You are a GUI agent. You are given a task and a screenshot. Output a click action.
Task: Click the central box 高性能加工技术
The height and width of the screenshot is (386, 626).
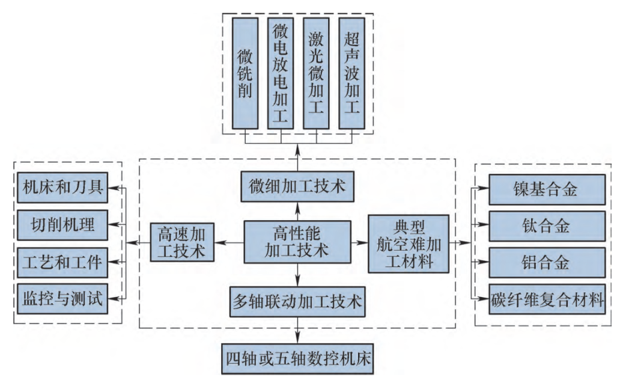pos(297,242)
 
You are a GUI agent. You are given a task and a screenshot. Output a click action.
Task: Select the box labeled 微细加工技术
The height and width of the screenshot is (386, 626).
pos(297,187)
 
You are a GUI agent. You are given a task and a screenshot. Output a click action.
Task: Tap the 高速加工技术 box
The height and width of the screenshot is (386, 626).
pos(182,242)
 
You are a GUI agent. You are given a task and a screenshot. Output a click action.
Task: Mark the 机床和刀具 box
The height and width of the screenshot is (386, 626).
pos(62,189)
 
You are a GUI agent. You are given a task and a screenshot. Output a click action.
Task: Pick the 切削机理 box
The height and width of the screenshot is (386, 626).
pos(62,225)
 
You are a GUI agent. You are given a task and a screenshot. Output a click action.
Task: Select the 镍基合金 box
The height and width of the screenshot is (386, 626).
pos(545,191)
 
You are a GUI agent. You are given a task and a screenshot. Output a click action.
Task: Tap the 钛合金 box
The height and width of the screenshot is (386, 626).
pos(545,226)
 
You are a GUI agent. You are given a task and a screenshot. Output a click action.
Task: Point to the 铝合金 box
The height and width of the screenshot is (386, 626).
pos(545,262)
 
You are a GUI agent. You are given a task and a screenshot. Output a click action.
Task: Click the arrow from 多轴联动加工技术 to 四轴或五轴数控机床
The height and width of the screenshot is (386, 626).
pos(297,330)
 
